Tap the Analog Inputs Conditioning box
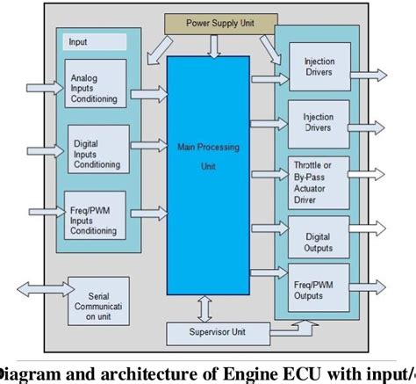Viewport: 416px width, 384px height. (x=94, y=88)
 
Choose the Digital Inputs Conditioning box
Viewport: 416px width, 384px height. (x=97, y=153)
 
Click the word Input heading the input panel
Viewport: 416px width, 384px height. (x=78, y=41)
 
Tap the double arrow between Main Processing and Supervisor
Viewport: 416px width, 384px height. (x=204, y=308)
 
